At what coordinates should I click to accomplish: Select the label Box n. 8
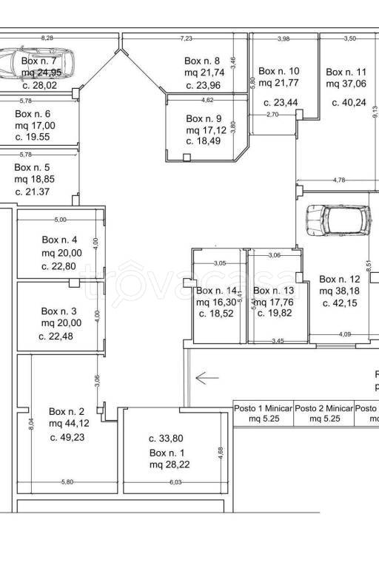[202, 61]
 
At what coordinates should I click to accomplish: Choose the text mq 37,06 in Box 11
[346, 84]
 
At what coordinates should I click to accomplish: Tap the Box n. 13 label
[274, 290]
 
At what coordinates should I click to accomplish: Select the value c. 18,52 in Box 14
[216, 314]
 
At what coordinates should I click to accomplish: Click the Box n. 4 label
[59, 240]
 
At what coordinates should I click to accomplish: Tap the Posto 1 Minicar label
[264, 408]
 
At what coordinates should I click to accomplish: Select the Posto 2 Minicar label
[324, 408]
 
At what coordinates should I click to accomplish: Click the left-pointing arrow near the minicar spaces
[207, 376]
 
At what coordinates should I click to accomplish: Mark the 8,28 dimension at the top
[48, 37]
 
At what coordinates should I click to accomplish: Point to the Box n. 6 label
[33, 114]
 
